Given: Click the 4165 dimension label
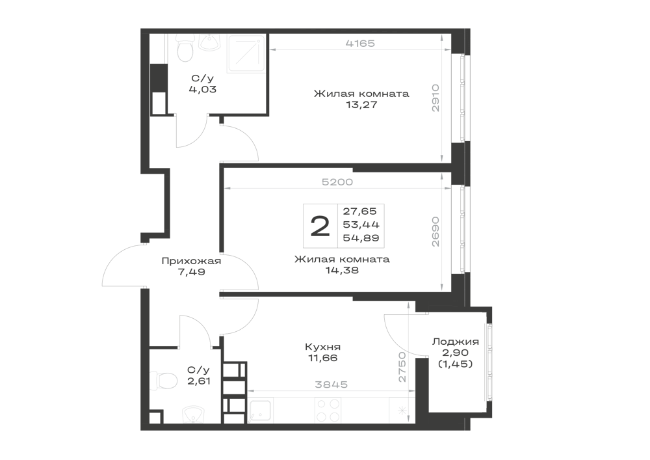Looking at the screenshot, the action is pos(360,43).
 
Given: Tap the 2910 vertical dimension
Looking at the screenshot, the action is pos(435,98).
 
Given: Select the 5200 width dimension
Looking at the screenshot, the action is pos(337,182).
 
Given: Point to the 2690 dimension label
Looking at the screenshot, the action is pos(435,232).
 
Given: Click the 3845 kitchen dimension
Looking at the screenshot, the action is pos(331,385).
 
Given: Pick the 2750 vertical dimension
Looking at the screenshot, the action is pos(402,367).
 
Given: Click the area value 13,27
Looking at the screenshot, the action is pos(362,105).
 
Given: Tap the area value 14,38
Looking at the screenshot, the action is pos(343,271).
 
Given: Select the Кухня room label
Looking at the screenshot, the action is pos(323,347).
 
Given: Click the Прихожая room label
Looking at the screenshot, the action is pos(191,261).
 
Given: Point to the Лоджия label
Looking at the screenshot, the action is pos(456,342).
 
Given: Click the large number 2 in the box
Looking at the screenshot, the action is pos(320,226).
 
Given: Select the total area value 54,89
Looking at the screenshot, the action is pos(361,238).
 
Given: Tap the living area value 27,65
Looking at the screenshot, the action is pos(360,211).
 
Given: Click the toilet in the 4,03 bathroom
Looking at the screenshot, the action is pos(185,47).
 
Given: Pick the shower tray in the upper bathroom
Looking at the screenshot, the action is pos(246,54).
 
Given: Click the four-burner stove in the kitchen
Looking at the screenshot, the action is pos(328,410).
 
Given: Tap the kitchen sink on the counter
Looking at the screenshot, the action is pos(261,411).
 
